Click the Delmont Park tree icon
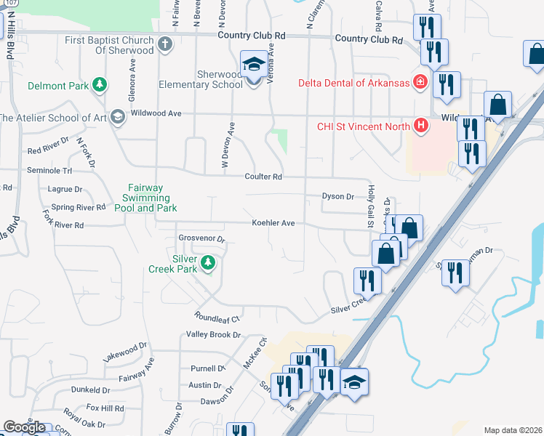100,86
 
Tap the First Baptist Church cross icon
165,44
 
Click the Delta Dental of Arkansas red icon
420,82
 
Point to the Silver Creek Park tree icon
209,262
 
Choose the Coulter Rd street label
263,177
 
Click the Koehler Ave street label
273,223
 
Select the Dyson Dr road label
338,196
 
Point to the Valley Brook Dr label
213,334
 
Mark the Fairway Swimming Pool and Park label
145,198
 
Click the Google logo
24,427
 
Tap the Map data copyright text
513,430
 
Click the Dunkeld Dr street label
90,390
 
